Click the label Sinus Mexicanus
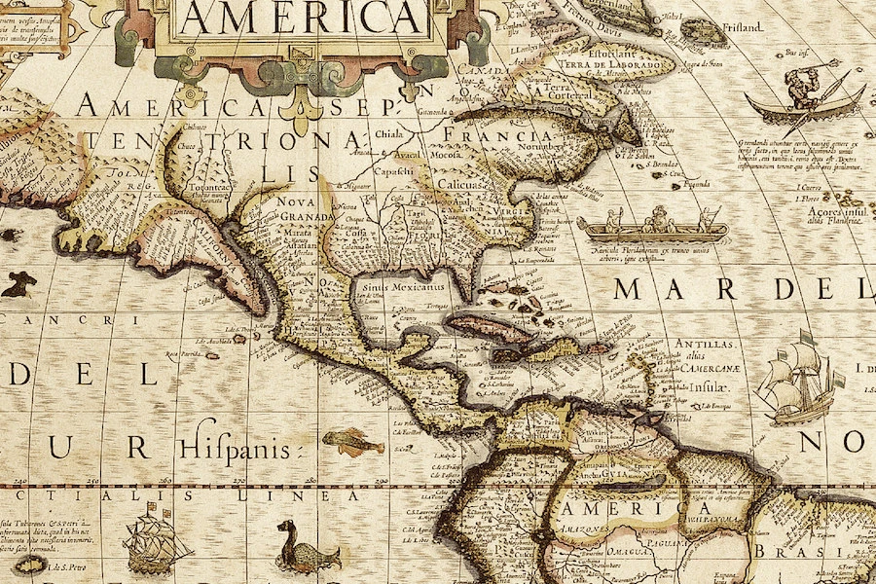point(402,288)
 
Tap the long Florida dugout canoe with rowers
point(652,229)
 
